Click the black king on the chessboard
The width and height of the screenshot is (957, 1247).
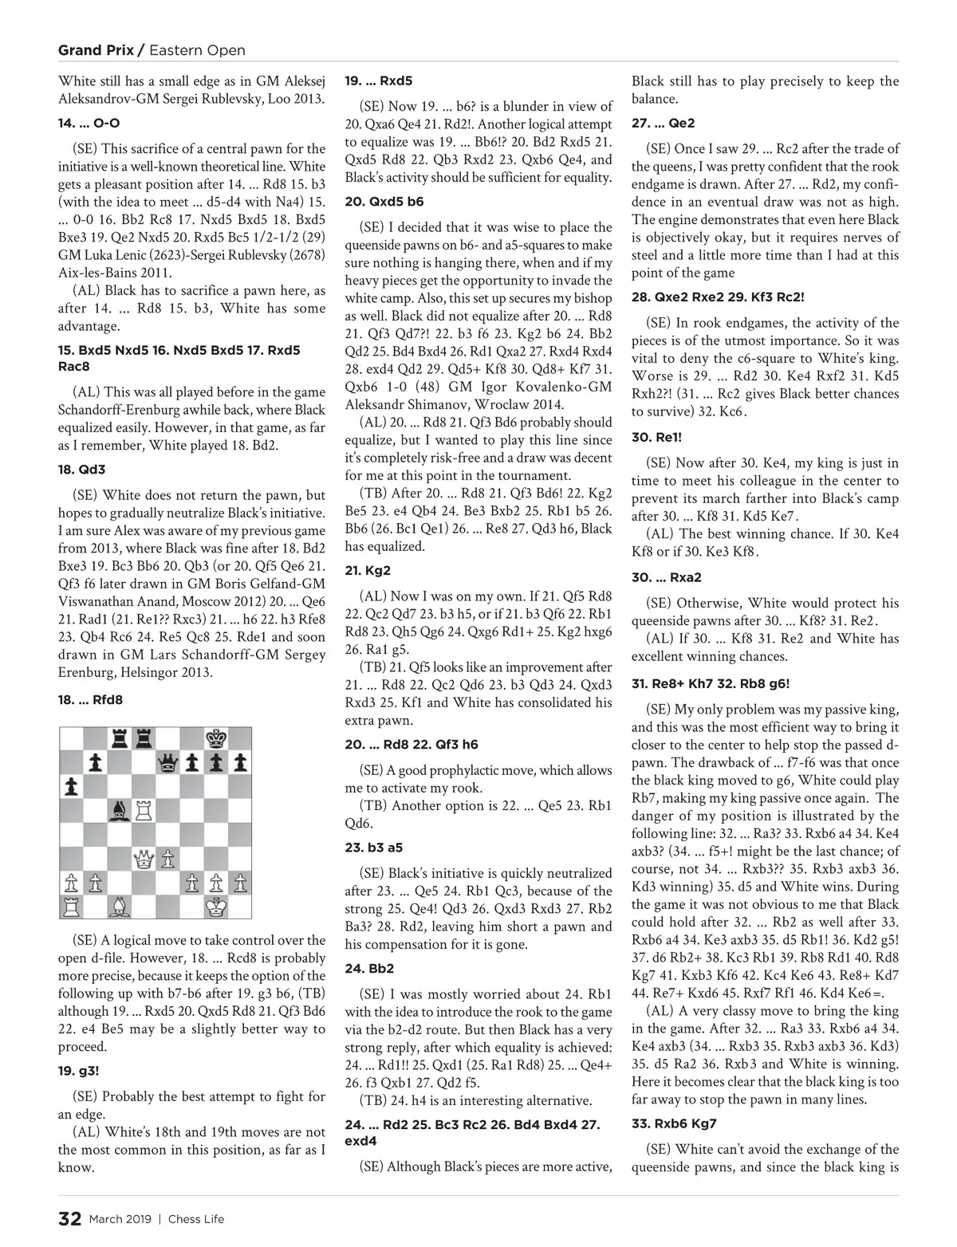tap(215, 738)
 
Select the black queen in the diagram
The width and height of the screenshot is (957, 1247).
tap(167, 763)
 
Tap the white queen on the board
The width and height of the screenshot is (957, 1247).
tap(144, 859)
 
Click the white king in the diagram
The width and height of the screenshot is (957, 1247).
tap(215, 907)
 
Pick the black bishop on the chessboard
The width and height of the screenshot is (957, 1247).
tap(120, 811)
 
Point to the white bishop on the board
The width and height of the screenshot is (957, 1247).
tap(120, 907)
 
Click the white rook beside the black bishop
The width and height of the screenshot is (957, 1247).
tap(144, 811)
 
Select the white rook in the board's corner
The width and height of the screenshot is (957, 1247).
tap(72, 907)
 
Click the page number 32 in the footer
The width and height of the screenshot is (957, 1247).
tap(69, 1219)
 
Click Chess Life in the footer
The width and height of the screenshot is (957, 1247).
tap(195, 1219)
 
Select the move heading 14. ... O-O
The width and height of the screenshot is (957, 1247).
tap(89, 124)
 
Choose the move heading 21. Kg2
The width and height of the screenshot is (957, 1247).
tap(368, 571)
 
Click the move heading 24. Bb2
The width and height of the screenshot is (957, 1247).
tap(369, 969)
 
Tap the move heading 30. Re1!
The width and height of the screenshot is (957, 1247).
tap(656, 437)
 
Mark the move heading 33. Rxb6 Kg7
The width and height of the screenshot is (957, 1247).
tap(674, 1123)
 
